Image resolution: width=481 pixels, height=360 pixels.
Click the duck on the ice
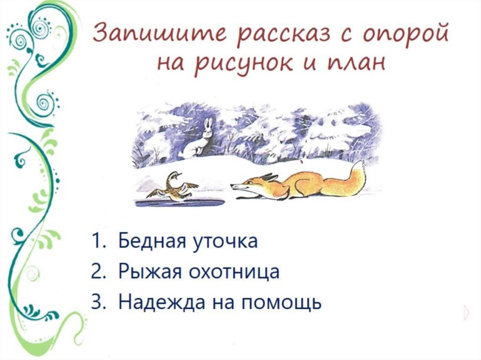point(173,188)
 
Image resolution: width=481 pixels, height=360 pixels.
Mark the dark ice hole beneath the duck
point(178,203)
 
